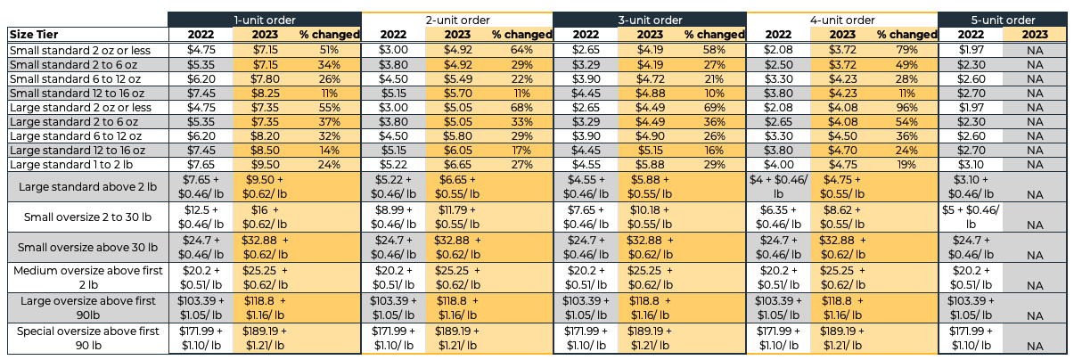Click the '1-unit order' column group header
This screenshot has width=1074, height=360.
click(x=265, y=20)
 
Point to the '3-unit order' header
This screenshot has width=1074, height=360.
click(x=649, y=20)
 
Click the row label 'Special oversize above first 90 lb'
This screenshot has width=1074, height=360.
click(x=86, y=338)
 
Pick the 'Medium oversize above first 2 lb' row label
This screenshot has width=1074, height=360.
click(x=86, y=276)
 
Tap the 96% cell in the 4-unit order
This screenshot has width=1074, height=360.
click(x=907, y=107)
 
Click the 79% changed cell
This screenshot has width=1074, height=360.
click(x=907, y=49)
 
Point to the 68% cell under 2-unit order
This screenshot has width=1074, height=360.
click(x=521, y=107)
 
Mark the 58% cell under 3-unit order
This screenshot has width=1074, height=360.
click(x=714, y=49)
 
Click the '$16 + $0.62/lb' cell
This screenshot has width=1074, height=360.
click(x=265, y=215)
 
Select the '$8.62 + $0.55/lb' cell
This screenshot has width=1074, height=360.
click(x=841, y=215)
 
